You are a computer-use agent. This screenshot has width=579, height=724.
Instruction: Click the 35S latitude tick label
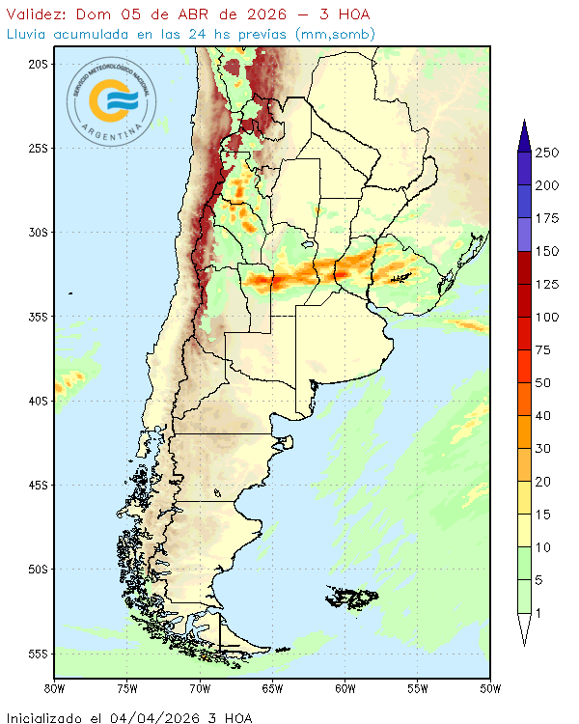[38, 317]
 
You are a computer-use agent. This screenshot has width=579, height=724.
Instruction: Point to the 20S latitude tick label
[38, 64]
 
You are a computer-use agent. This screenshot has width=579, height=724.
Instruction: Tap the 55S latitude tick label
[38, 654]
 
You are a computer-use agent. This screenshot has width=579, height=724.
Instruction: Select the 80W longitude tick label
[55, 688]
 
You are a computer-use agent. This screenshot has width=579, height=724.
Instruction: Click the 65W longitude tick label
[272, 688]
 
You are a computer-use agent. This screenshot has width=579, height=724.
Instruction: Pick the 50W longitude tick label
[490, 688]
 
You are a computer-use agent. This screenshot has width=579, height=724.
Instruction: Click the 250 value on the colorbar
[547, 153]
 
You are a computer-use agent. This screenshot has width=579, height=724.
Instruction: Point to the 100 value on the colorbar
[547, 318]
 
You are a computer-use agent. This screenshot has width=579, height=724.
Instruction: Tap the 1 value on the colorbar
[540, 613]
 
